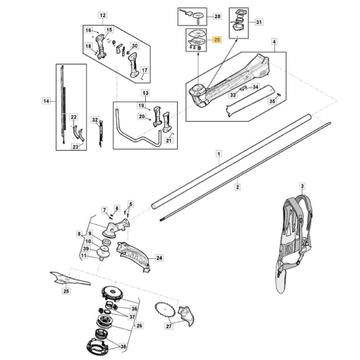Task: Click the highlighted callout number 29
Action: point(217,40)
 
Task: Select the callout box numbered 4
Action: point(274,41)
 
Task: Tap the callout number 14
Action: point(46,102)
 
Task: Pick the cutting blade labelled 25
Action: point(69,278)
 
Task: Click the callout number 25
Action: point(66,292)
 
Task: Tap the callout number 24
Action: point(159,258)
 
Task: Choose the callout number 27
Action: point(169,326)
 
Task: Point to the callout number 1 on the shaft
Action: point(219,154)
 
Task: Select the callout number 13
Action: point(145,93)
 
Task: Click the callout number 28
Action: point(217,16)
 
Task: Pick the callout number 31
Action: point(259,22)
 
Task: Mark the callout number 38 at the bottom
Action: point(122,348)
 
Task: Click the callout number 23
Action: point(76,147)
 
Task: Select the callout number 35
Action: point(272,101)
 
